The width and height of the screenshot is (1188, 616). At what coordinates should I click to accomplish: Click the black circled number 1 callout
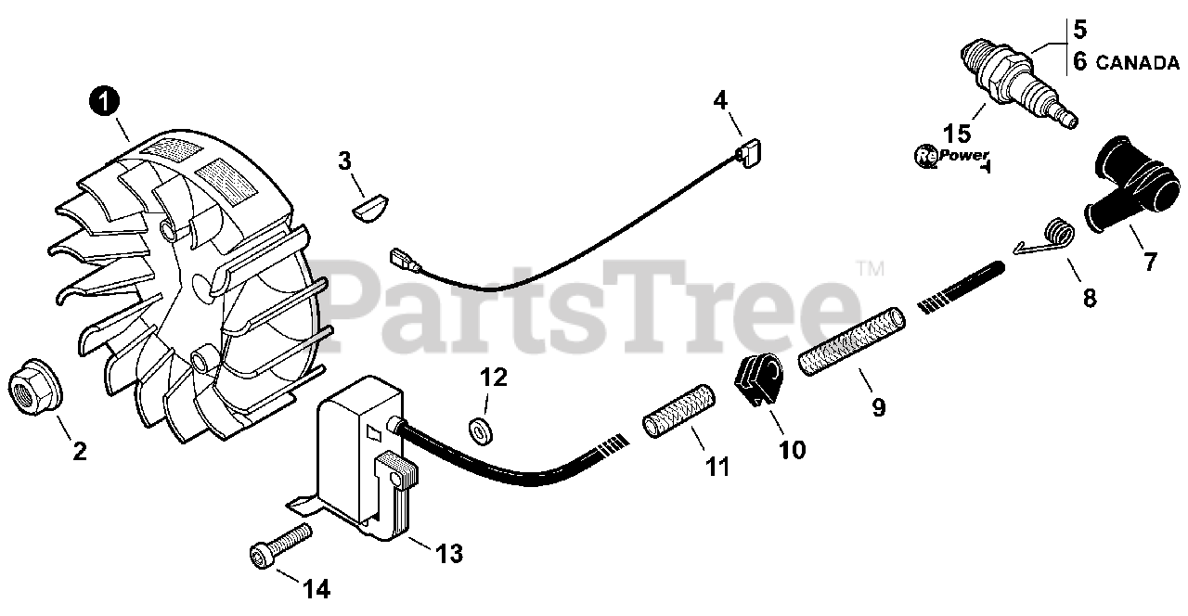(x=105, y=101)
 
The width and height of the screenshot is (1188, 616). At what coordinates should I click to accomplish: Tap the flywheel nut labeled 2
(x=35, y=387)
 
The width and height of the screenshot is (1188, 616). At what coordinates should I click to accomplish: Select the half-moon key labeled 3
(x=369, y=209)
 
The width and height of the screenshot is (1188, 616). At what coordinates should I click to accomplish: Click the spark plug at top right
(x=1019, y=83)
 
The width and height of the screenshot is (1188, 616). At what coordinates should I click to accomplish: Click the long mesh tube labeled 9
(x=852, y=340)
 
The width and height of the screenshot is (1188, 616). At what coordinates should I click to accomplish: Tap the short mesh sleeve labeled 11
(x=678, y=411)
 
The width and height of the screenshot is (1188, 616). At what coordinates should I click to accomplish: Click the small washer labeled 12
(x=481, y=431)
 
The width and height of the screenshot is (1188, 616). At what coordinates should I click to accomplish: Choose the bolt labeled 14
(x=280, y=546)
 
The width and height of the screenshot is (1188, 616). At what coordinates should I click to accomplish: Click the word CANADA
(x=1137, y=63)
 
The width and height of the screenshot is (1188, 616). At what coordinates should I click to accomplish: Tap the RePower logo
(x=952, y=158)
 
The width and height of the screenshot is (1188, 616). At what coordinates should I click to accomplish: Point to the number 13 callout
(x=449, y=554)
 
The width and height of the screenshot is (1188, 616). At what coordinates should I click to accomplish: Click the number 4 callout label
(x=720, y=100)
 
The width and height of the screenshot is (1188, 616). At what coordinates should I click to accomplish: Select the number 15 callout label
(x=957, y=133)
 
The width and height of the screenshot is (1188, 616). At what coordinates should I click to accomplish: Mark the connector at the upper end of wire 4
(x=748, y=152)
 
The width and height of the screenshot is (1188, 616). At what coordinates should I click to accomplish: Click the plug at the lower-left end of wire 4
(x=404, y=261)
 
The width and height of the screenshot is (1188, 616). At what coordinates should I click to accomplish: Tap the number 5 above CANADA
(x=1080, y=29)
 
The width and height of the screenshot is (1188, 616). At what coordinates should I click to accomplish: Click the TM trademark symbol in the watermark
(x=871, y=268)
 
